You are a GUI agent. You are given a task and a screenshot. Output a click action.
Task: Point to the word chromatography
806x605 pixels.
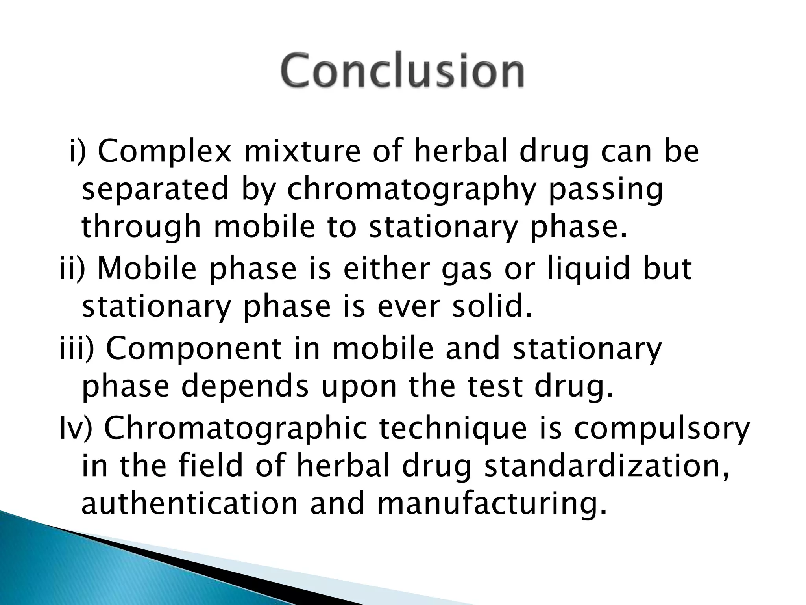(411, 190)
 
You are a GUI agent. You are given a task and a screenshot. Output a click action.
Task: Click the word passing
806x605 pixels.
(605, 190)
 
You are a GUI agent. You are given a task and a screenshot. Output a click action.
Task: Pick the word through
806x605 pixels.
(140, 228)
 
